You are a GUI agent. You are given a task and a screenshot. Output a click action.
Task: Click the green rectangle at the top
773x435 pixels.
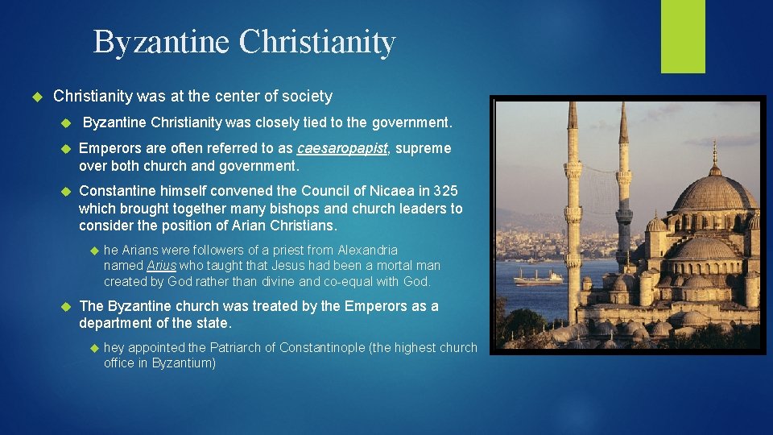(x=683, y=36)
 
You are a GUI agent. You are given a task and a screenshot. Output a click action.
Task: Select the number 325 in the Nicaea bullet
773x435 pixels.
(x=445, y=191)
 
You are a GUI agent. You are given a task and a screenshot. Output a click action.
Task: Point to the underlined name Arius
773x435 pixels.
(x=161, y=266)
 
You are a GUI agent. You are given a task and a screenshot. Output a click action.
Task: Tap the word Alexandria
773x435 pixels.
(x=367, y=250)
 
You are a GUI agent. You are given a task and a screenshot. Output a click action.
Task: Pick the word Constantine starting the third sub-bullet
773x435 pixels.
(x=119, y=191)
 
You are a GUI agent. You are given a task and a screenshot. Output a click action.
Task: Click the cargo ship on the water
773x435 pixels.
(x=538, y=276)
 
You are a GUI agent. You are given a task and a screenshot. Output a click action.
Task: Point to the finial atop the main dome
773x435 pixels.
(x=714, y=153)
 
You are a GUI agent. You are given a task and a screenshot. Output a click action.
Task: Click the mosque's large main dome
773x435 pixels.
(x=713, y=193)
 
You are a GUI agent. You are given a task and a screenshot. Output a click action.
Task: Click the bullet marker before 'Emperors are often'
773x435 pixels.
(x=67, y=149)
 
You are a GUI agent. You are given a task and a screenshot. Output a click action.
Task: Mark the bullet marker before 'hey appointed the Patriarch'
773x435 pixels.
(x=93, y=348)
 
